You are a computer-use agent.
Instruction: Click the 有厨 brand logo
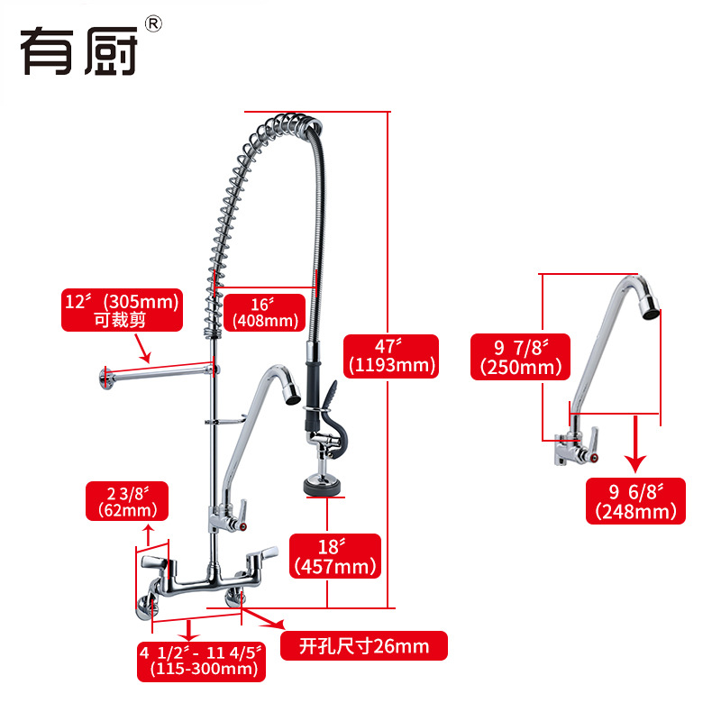(78, 49)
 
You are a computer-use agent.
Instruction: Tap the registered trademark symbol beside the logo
(152, 24)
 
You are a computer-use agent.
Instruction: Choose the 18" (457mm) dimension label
(334, 555)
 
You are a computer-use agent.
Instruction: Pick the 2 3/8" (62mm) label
(126, 501)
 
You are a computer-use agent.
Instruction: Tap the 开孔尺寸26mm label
(363, 646)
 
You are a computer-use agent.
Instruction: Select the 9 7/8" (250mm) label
(521, 356)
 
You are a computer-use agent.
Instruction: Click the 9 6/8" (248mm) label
(635, 501)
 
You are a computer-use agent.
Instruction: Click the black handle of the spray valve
(331, 397)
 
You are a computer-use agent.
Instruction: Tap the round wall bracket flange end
(105, 377)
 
